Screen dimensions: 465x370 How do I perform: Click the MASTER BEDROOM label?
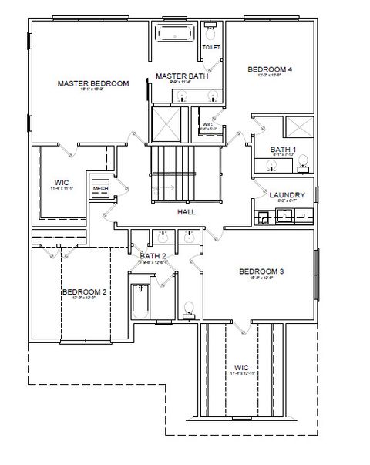(x=93, y=83)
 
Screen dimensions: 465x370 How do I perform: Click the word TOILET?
(x=211, y=48)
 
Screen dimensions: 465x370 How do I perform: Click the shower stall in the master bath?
(x=166, y=122)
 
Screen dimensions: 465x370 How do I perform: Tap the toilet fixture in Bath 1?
(x=303, y=162)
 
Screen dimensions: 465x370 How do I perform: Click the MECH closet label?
(x=100, y=188)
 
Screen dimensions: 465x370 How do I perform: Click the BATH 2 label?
(x=152, y=255)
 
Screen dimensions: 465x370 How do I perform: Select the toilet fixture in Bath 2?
(x=188, y=311)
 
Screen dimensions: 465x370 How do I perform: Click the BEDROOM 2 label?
(x=84, y=292)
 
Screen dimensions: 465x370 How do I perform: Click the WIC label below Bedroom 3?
(x=242, y=367)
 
